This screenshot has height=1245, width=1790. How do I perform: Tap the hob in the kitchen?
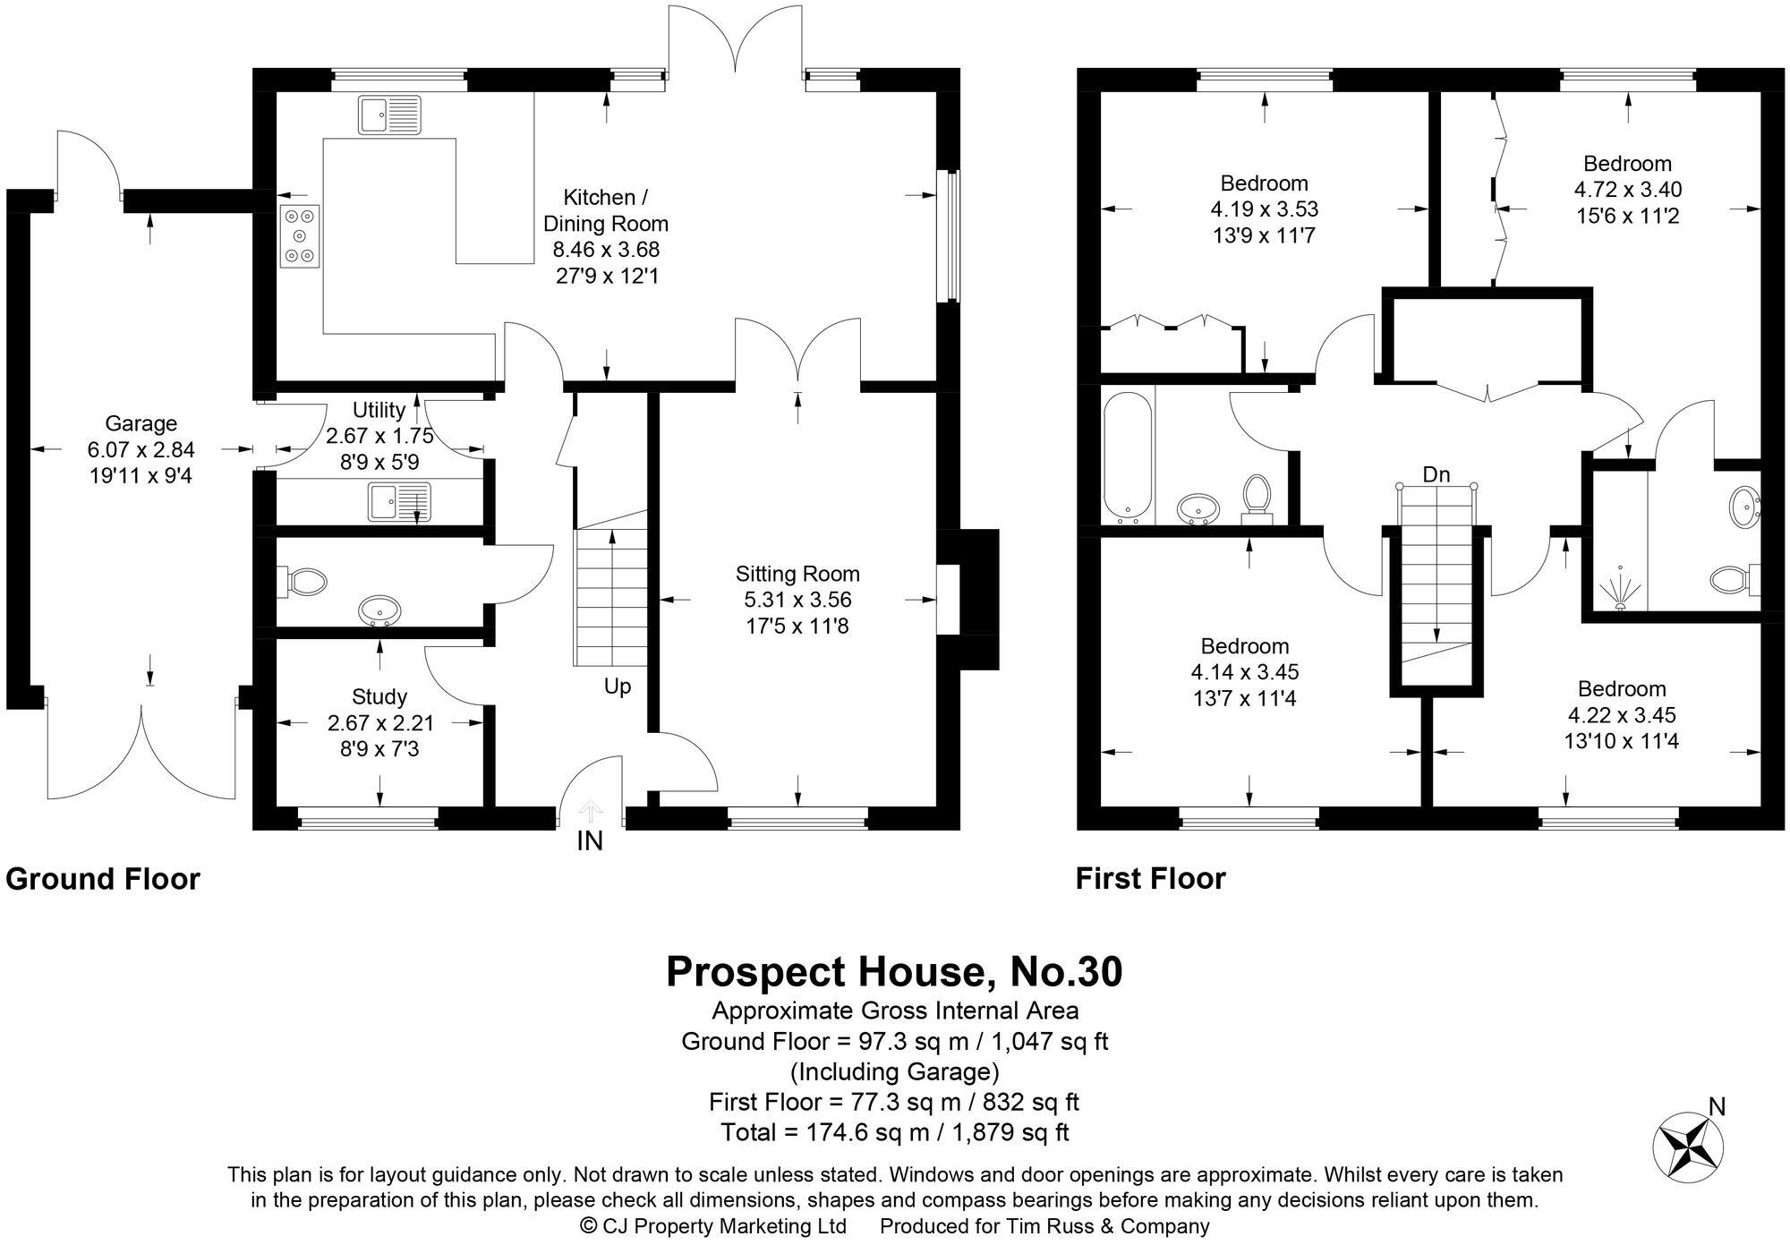(299, 236)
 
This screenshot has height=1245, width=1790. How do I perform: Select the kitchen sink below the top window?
(389, 115)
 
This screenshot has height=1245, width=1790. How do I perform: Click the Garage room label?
(141, 423)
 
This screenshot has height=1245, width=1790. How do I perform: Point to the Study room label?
(379, 696)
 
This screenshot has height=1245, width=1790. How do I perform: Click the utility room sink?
(399, 501)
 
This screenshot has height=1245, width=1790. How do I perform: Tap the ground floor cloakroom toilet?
(302, 582)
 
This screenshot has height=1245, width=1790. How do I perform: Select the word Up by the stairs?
(618, 686)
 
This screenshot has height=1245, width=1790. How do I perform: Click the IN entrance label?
(590, 841)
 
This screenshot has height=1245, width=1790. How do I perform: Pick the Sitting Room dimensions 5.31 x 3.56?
(797, 600)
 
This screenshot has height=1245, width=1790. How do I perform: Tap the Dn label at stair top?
(1436, 474)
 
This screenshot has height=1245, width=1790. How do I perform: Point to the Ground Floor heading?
(103, 879)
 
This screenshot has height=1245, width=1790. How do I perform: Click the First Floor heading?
(1150, 879)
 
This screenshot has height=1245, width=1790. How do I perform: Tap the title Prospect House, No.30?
(894, 972)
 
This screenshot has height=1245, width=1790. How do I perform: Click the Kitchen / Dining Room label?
(606, 210)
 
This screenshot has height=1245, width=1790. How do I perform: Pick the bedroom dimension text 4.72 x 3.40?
(1627, 190)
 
